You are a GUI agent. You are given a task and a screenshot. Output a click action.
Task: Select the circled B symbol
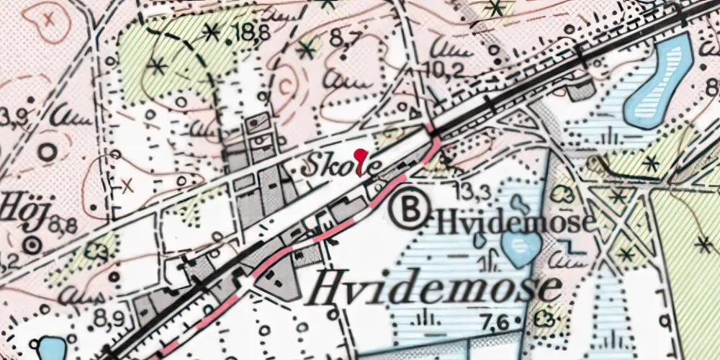pyautogui.click(x=408, y=210)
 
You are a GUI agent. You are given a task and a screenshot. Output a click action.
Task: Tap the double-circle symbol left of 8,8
pyautogui.click(x=32, y=246)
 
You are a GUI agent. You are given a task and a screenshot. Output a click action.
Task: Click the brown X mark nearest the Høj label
pyautogui.click(x=128, y=186)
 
